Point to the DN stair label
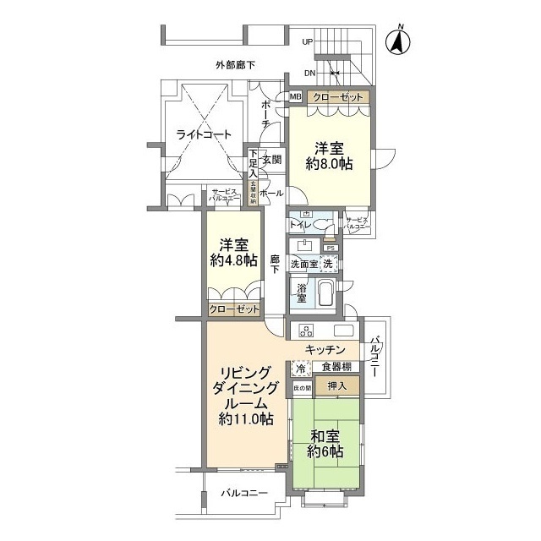click(x=309, y=73)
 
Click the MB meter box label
click(x=295, y=98)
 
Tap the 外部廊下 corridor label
click(x=234, y=64)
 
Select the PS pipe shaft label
click(x=331, y=248)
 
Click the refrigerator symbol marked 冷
click(x=299, y=369)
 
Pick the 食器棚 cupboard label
click(x=336, y=368)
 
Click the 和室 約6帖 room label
click(x=325, y=444)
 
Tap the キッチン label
click(x=325, y=349)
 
